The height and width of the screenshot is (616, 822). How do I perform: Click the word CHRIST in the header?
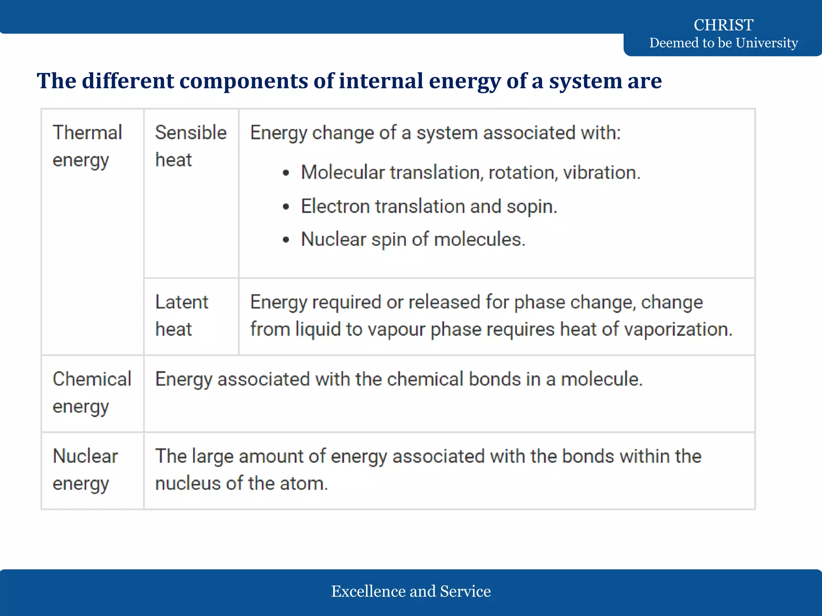723,25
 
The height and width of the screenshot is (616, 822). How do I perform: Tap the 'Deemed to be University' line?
723,43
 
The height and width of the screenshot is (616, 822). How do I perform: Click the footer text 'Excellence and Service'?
411,591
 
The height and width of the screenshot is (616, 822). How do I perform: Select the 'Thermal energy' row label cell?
87,146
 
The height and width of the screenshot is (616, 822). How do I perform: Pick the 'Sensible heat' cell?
191,146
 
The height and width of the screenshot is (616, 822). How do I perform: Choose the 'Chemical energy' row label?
92,392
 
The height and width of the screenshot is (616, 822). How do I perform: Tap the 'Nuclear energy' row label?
85,469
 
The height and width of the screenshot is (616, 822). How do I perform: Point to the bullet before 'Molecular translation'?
286,173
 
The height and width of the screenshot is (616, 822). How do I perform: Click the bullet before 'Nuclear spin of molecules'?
286,240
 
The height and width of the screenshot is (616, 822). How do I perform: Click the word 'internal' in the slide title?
381,81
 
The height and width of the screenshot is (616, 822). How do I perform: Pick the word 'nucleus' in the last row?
188,484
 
